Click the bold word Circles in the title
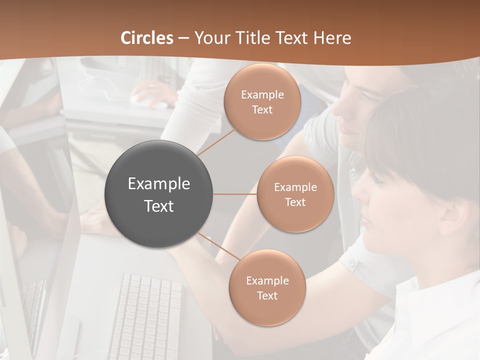tap(147, 38)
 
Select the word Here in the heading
tap(332, 38)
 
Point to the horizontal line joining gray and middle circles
tap(235, 194)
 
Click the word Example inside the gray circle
tap(159, 184)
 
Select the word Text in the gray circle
tap(159, 206)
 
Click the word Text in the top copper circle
tap(262, 110)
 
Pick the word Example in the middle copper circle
tap(295, 187)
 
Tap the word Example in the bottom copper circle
tap(267, 281)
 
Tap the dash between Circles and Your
tap(183, 38)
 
